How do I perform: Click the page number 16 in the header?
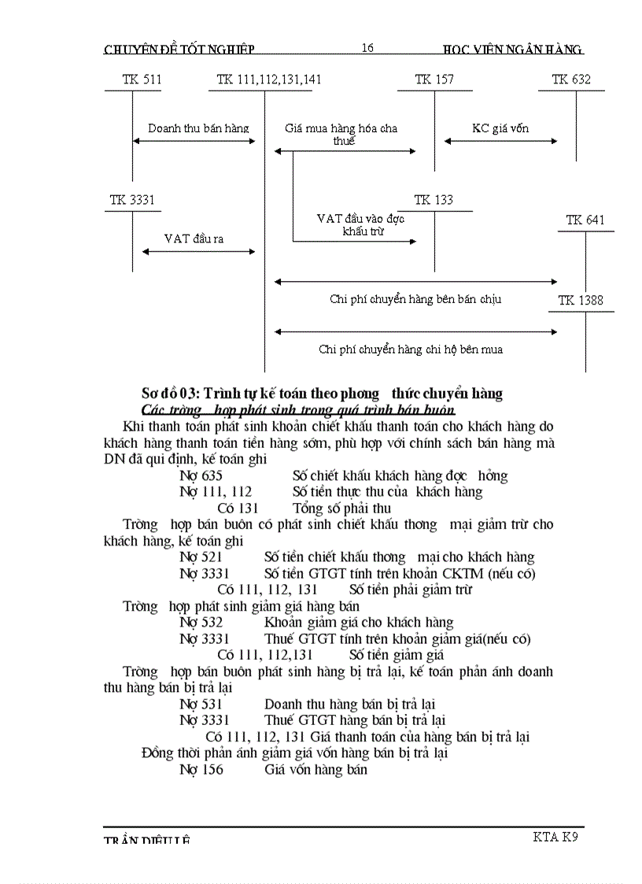click(367, 48)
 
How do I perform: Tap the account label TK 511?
click(142, 80)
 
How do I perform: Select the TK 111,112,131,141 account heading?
click(269, 80)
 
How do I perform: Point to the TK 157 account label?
click(434, 80)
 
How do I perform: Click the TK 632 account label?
click(571, 80)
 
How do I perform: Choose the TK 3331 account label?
click(132, 200)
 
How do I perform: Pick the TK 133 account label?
click(434, 200)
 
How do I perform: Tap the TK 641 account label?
click(585, 220)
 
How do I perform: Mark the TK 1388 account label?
click(581, 300)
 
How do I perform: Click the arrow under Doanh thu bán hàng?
click(194, 141)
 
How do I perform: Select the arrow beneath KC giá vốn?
click(500, 141)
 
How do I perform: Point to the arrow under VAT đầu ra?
click(199, 252)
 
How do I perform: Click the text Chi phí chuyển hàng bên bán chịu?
click(415, 299)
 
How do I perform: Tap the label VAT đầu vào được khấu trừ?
click(360, 224)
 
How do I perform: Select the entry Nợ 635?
click(201, 475)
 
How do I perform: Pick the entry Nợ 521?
click(201, 557)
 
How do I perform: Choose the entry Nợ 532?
click(201, 622)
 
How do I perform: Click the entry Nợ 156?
click(201, 769)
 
